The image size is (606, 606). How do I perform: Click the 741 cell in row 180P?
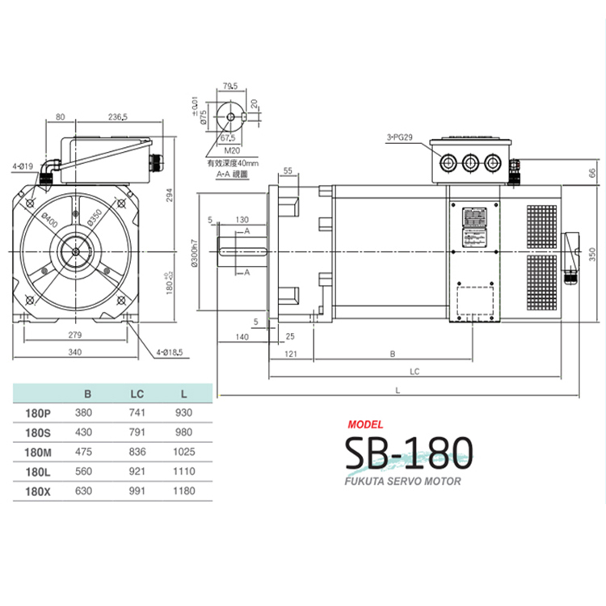[x=137, y=412]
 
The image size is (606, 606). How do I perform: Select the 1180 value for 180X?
[x=184, y=490]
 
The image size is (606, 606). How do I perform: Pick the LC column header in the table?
[x=137, y=394]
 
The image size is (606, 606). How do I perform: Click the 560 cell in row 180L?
[x=83, y=471]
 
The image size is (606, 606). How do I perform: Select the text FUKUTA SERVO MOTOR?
[x=402, y=482]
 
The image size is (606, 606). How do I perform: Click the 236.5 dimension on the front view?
[x=116, y=116]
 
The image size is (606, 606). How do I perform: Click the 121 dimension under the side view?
[x=292, y=354]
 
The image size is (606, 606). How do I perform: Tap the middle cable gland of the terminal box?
[x=469, y=163]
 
